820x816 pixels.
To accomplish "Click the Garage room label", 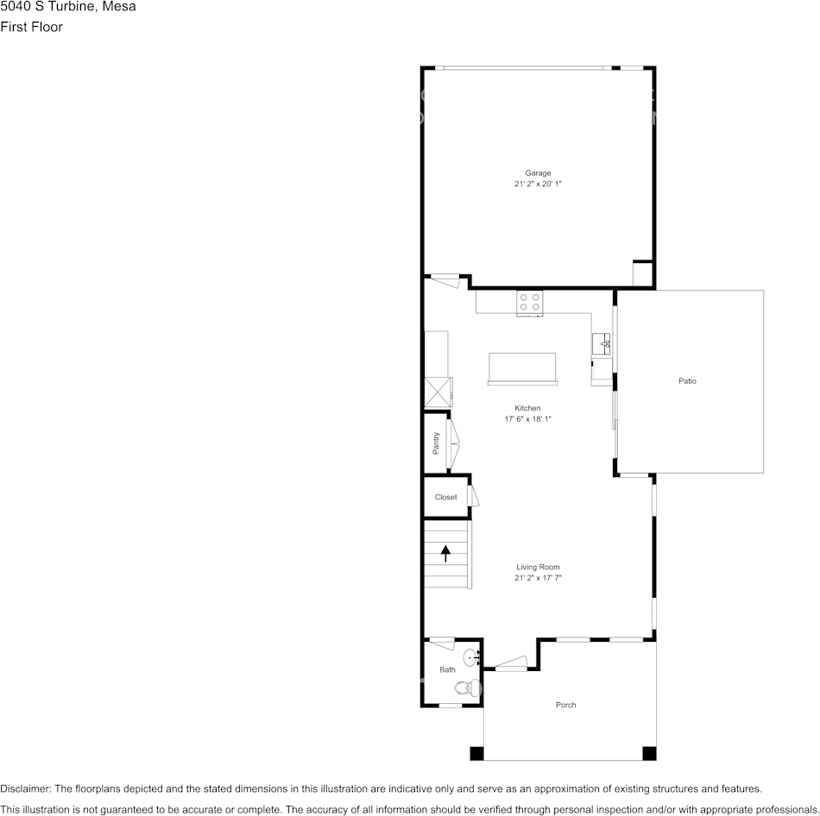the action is point(538,173).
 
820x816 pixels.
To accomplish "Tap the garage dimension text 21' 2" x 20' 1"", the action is point(538,184).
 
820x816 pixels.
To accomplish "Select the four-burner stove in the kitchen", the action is point(530,302).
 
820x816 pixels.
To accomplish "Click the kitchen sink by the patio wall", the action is point(602,343).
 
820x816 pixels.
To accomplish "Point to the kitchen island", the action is point(522,369).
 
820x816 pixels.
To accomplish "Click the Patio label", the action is point(687,381).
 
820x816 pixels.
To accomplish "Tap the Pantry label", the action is point(436,443).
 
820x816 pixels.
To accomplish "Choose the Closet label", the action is point(445,497).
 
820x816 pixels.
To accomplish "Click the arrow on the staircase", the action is point(445,554).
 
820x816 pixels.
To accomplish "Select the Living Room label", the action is point(538,568).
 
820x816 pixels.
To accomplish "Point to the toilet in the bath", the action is point(467,687).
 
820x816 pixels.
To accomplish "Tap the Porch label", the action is point(566,706).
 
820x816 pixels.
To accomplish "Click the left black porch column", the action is point(477,753).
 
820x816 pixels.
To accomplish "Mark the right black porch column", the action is point(649,753).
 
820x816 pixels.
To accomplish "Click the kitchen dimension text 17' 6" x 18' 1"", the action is point(527,419).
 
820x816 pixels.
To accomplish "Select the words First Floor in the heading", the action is point(31,27).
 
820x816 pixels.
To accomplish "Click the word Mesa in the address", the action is point(119,6).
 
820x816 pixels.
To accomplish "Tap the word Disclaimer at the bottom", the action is point(26,788).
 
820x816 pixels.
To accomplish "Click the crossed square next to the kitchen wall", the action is point(438,392).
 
